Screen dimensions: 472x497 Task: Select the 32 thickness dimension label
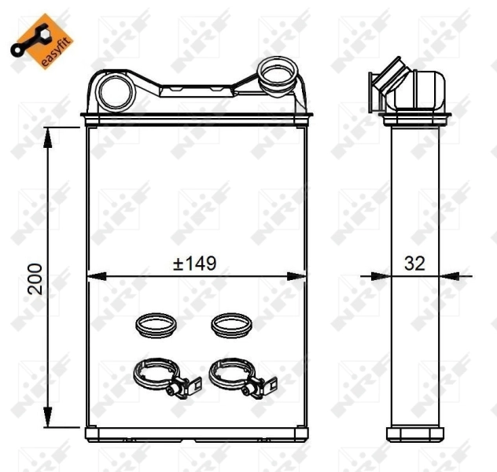[414, 264]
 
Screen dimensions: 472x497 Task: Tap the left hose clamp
[156, 375]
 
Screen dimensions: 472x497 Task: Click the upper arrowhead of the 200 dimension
[50, 135]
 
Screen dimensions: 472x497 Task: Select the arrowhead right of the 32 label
[450, 275]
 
